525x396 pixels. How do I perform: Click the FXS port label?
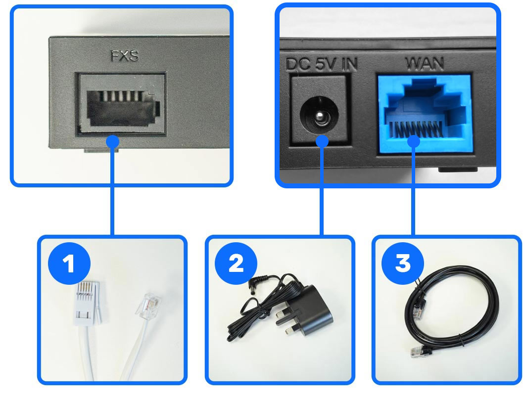(x=124, y=57)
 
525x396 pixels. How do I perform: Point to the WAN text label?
(x=424, y=64)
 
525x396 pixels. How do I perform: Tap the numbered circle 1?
(x=69, y=263)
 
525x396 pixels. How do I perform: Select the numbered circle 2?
(x=236, y=263)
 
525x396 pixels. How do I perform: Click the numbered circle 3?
(x=402, y=263)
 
